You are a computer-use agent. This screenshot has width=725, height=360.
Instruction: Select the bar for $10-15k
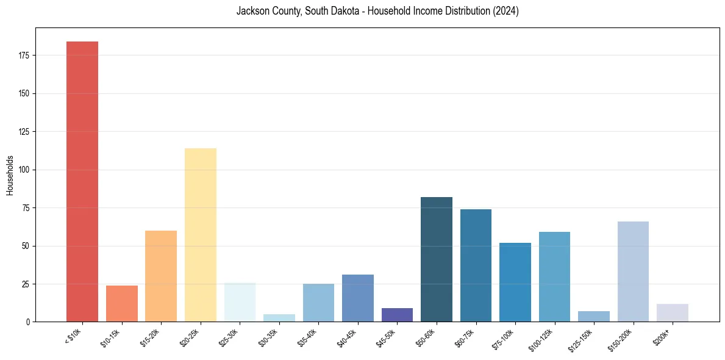click(121, 303)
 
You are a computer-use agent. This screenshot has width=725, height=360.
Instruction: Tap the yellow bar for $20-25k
click(200, 235)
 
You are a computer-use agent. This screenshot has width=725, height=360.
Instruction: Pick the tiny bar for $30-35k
click(279, 318)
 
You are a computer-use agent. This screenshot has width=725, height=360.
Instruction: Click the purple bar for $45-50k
click(397, 315)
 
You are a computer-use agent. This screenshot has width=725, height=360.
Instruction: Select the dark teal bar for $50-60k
click(437, 259)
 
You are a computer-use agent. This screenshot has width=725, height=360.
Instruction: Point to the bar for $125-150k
click(594, 316)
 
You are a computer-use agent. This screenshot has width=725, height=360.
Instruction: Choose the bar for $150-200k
click(633, 272)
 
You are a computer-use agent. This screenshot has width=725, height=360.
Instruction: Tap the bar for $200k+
click(673, 312)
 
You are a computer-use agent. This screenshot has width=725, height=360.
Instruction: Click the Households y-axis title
click(10, 175)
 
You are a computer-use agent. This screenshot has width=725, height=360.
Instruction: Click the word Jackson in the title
click(250, 11)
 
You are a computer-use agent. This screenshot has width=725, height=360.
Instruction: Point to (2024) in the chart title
click(505, 11)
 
